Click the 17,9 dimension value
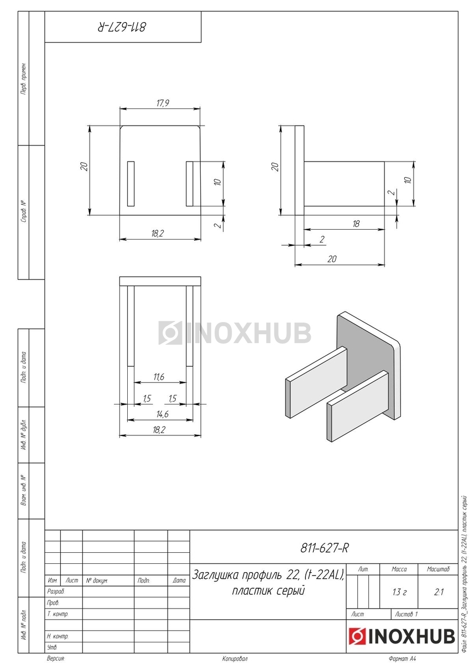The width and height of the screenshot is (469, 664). coord(163,103)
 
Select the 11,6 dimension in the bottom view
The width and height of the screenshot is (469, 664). coord(159,377)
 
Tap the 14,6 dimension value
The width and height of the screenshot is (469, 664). coord(163,414)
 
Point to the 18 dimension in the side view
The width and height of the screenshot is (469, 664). coord(356,224)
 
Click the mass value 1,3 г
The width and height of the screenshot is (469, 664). coord(399,592)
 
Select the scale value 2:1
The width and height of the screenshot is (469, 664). coord(439,592)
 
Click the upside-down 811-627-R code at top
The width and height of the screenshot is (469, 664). coord(122,27)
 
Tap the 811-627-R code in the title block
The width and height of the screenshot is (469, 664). coord(325,548)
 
